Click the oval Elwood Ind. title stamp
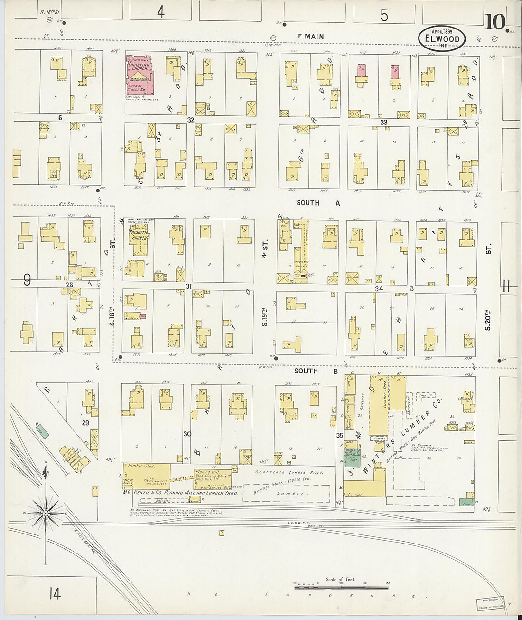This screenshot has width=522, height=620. pyautogui.click(x=441, y=38)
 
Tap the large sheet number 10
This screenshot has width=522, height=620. pyautogui.click(x=495, y=21)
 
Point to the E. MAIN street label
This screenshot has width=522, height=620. pyautogui.click(x=311, y=37)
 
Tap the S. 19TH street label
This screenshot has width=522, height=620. pyautogui.click(x=265, y=315)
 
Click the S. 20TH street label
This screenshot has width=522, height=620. pyautogui.click(x=488, y=319)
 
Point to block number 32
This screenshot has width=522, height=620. pyautogui.click(x=190, y=120)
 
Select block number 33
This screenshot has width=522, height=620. pyautogui.click(x=383, y=122)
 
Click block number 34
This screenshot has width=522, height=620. pyautogui.click(x=378, y=289)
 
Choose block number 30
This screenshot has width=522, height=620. pyautogui.click(x=187, y=434)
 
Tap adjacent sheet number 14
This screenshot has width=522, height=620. pyautogui.click(x=55, y=593)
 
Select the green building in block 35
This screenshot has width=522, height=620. pyautogui.click(x=352, y=459)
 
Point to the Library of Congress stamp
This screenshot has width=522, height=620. pyautogui.click(x=490, y=603)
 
